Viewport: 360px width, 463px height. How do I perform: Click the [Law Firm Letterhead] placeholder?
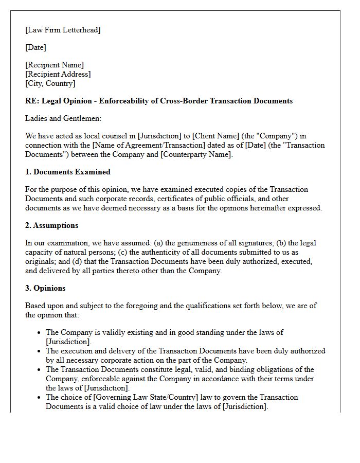pos(63,30)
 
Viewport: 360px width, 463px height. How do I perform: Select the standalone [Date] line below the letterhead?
pos(35,47)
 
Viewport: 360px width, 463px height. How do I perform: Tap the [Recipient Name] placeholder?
pos(55,65)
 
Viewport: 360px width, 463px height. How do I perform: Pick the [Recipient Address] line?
pos(58,74)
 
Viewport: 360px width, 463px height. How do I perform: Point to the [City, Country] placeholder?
pos(50,83)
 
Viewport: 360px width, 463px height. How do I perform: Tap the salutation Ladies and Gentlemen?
pos(63,118)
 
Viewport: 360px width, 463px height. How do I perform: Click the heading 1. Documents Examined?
pos(68,172)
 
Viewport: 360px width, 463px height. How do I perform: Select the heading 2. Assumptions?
pos(51,225)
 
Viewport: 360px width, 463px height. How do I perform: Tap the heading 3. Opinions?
pos(45,288)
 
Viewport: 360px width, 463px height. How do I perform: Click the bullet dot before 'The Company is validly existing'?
pos(39,333)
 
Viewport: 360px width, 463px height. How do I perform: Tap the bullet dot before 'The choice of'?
pos(39,398)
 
